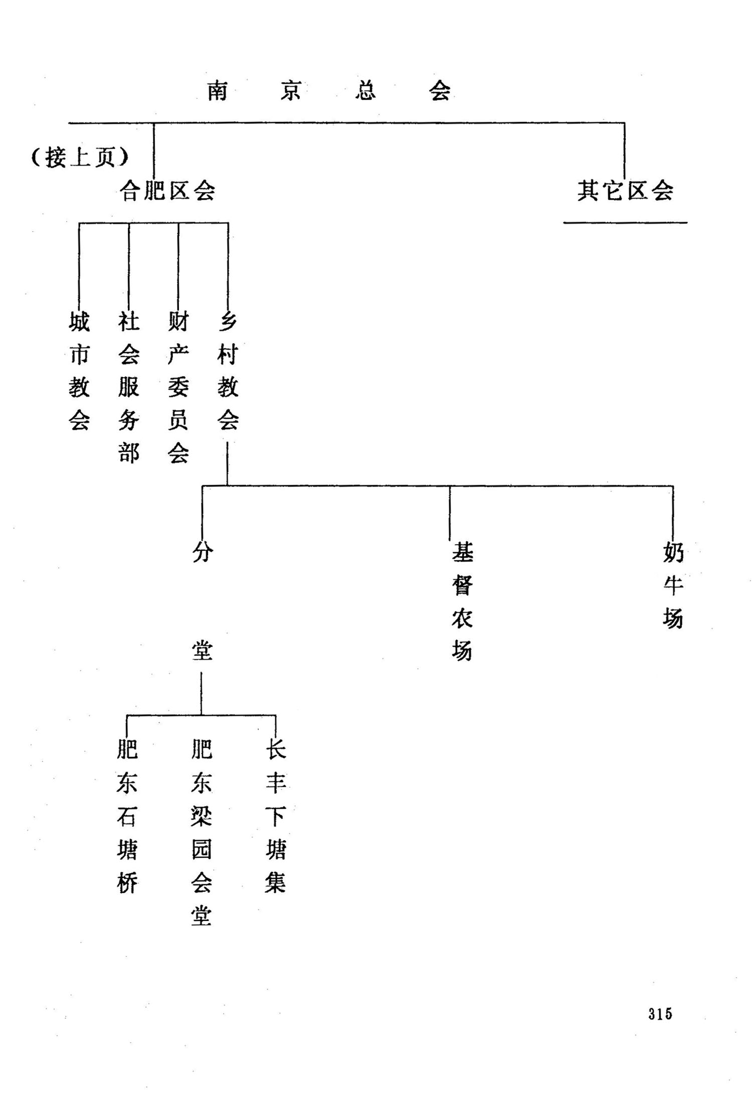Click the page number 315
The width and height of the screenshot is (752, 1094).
659,1014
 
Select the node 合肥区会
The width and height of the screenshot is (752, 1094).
167,191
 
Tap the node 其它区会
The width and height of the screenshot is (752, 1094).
625,191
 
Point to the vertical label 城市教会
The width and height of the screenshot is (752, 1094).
79,371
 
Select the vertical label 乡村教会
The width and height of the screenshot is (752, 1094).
228,371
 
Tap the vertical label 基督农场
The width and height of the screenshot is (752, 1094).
462,601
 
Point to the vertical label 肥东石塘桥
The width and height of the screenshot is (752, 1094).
127,816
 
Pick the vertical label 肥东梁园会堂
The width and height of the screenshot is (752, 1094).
202,833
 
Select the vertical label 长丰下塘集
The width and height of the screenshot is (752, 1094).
276,816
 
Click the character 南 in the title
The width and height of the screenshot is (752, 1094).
218,91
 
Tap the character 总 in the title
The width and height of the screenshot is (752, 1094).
365,91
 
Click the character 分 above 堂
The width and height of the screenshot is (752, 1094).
203,552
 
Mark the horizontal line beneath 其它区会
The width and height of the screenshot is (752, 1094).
625,223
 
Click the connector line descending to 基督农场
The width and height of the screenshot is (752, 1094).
450,512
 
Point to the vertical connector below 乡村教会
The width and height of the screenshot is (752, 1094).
227,462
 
